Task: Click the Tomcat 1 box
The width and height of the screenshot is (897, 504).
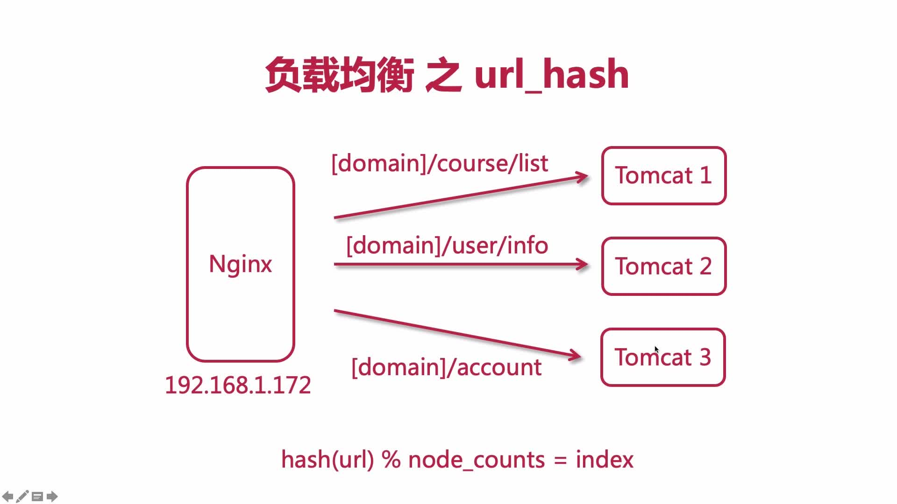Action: point(663,175)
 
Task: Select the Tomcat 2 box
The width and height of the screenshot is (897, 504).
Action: point(663,266)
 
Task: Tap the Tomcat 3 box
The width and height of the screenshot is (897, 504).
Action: point(663,357)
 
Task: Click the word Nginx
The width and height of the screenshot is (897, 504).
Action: point(240,264)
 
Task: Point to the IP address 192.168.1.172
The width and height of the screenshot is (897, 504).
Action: point(238,385)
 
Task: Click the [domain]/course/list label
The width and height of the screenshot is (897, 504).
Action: point(439,163)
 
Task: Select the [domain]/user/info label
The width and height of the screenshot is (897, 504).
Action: point(447,245)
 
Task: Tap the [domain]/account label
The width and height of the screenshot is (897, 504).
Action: point(446,367)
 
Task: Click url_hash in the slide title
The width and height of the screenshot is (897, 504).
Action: point(551,75)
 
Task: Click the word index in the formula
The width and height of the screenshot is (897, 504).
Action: point(604,460)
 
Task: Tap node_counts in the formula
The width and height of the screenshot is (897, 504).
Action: point(477,460)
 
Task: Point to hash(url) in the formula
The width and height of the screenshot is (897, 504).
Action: point(327,460)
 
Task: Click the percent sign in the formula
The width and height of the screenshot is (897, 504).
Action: point(391,460)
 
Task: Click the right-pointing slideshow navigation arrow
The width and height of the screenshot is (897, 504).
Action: point(52,496)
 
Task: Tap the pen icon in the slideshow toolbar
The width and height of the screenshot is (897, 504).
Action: point(22,496)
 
